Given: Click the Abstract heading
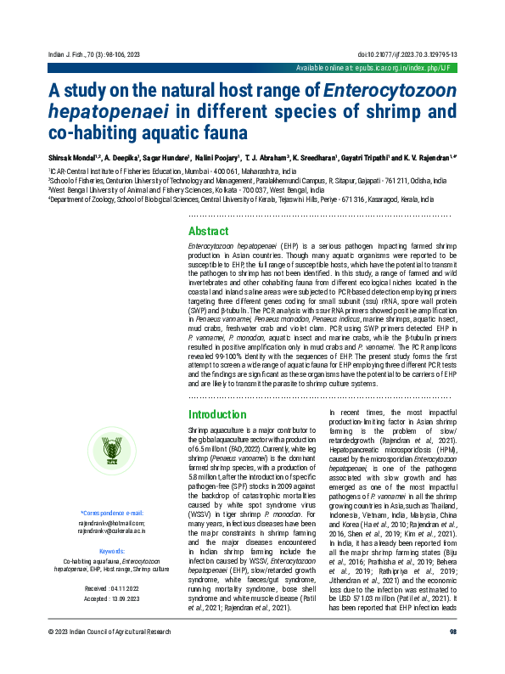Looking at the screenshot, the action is pos(208,232).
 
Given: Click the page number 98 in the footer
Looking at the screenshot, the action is pos(452,656).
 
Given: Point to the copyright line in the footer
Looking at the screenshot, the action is pos(109,656).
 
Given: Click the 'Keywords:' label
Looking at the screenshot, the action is pos(111,552).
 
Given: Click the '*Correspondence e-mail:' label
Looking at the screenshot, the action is pos(111,513).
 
